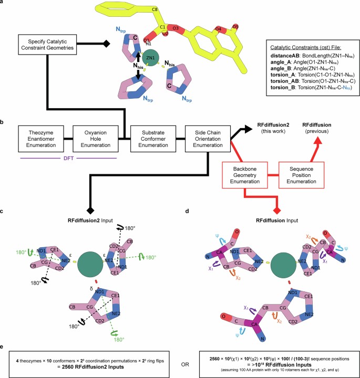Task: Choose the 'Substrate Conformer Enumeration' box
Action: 155,139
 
